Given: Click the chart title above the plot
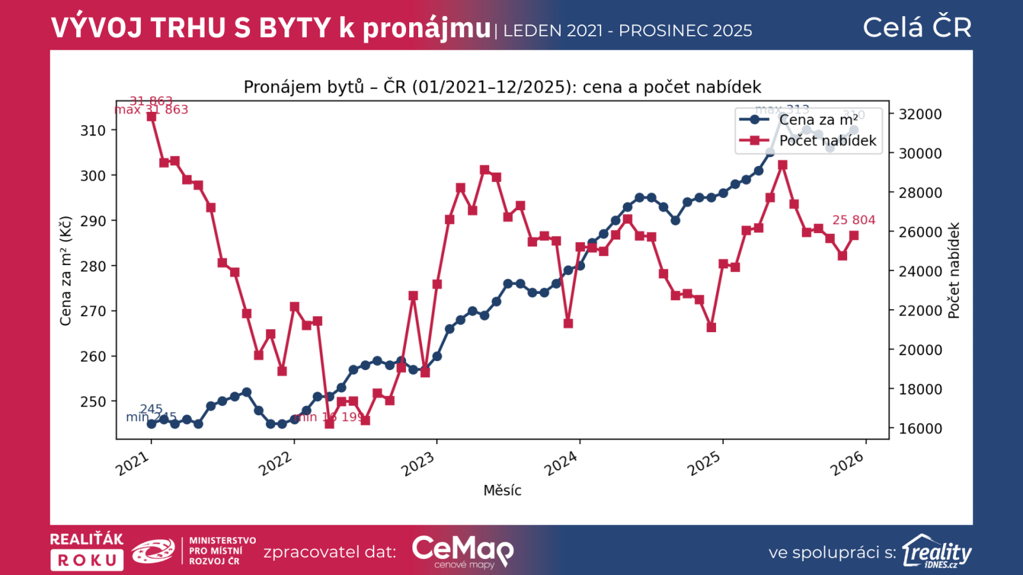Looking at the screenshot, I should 502,87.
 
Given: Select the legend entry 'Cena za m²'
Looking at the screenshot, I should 818,120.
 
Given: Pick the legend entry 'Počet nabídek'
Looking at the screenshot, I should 827,141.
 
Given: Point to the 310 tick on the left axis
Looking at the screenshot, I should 93,130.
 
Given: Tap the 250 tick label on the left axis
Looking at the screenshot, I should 93,402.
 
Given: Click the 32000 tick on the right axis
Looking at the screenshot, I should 920,114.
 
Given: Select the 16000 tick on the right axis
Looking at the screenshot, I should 920,429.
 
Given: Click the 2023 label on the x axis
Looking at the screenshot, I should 418,464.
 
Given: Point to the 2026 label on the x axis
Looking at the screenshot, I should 847,464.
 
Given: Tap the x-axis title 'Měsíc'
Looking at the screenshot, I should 502,491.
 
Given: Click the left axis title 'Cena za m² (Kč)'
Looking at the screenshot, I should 66,271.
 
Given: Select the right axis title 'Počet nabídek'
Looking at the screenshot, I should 954,271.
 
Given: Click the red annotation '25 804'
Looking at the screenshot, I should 854,220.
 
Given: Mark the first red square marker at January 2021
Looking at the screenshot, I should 152,117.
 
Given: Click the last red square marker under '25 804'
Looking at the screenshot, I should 854,236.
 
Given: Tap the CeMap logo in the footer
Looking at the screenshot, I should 462,551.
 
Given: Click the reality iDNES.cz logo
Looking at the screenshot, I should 937,551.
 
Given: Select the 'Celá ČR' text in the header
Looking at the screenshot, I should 917,27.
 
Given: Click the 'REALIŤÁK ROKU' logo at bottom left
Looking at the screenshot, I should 87,551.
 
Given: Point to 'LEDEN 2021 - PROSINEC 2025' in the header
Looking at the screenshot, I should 627,31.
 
